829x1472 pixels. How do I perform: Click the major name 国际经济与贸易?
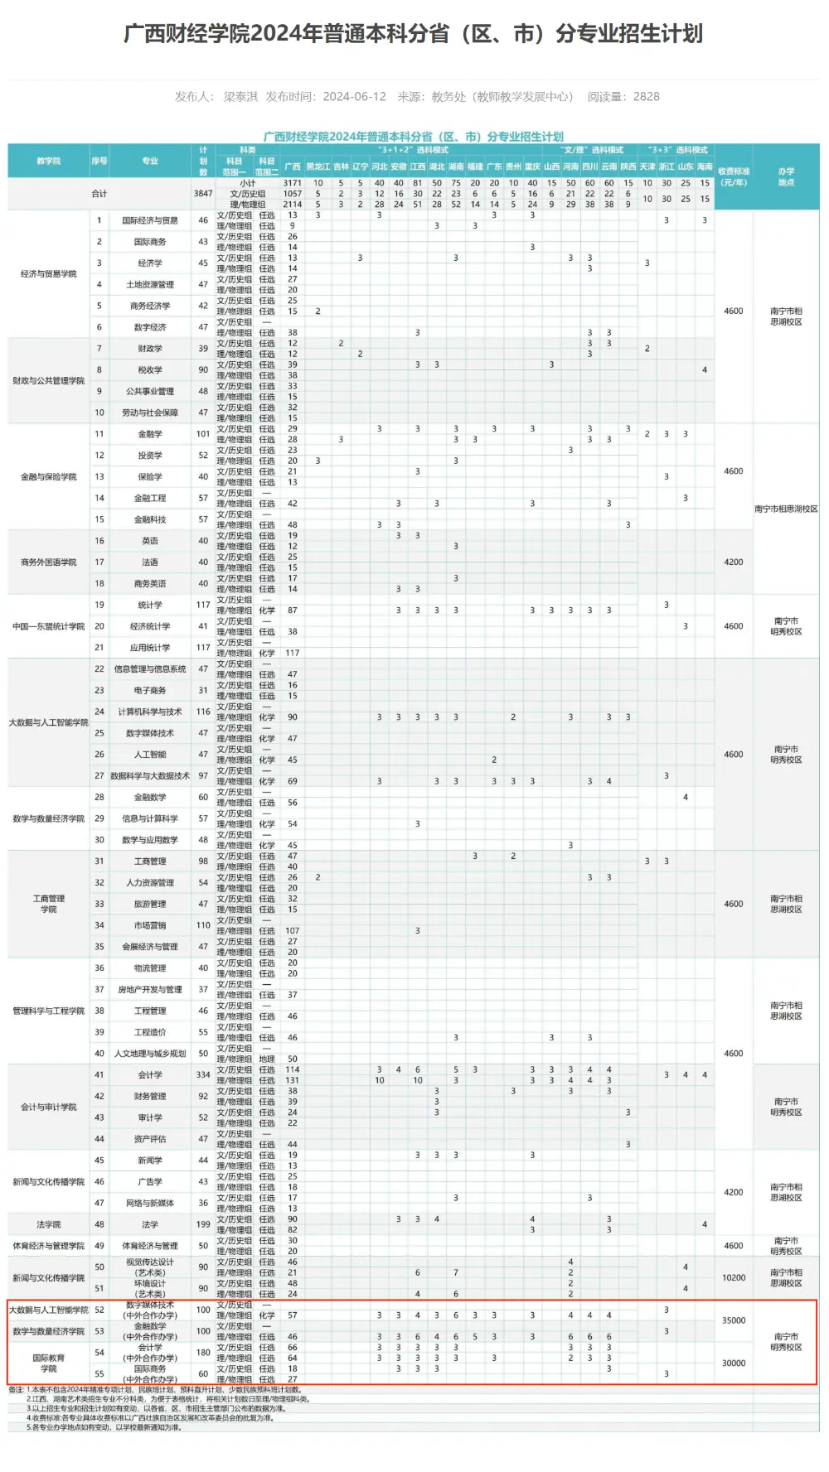pyautogui.click(x=150, y=220)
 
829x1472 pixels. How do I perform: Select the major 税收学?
pyautogui.click(x=150, y=370)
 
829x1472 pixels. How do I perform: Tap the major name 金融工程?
pyautogui.click(x=150, y=498)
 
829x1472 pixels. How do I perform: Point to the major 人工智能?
pyautogui.click(x=150, y=755)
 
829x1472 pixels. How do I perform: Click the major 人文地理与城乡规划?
pyautogui.click(x=150, y=1054)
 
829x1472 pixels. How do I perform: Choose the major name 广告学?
pyautogui.click(x=150, y=1182)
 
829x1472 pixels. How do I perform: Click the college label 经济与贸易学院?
pyautogui.click(x=49, y=274)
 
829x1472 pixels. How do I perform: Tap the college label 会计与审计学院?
pyautogui.click(x=49, y=1107)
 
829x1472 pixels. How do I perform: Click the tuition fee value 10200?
pyautogui.click(x=734, y=1278)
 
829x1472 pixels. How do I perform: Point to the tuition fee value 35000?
pyautogui.click(x=734, y=1321)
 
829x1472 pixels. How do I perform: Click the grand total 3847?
pyautogui.click(x=203, y=194)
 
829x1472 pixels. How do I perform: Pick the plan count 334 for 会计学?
pyautogui.click(x=203, y=1075)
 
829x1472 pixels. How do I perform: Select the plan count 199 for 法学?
pyautogui.click(x=203, y=1224)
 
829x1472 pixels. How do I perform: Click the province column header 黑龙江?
pyautogui.click(x=318, y=167)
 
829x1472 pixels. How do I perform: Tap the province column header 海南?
pyautogui.click(x=705, y=167)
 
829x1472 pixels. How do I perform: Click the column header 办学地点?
pyautogui.click(x=786, y=176)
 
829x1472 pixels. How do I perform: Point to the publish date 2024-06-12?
pyautogui.click(x=355, y=97)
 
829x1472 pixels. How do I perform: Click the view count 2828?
pyautogui.click(x=647, y=97)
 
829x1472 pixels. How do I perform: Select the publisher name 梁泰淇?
pyautogui.click(x=240, y=97)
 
